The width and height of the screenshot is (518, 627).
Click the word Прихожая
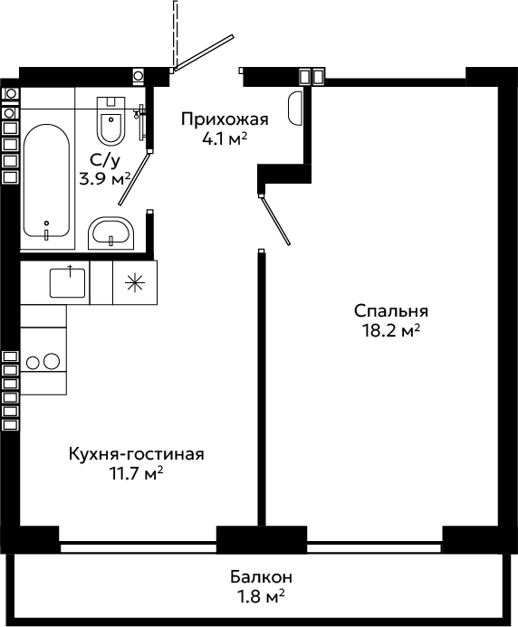(x=225, y=119)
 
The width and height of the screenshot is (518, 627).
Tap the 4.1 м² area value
(x=225, y=139)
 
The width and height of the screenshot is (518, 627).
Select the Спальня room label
(x=390, y=311)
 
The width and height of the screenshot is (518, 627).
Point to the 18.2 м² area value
(x=390, y=331)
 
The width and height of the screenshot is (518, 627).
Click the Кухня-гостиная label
(x=137, y=454)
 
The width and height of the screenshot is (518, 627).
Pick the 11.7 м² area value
(x=137, y=474)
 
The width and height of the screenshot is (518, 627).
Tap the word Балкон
(x=261, y=577)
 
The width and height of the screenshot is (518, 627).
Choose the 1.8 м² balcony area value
(x=261, y=596)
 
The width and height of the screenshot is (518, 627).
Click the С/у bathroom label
(x=105, y=161)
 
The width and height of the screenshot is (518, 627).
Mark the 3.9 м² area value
(x=105, y=179)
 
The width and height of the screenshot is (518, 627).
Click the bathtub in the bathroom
(x=47, y=180)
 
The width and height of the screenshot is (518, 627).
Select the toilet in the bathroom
(x=110, y=120)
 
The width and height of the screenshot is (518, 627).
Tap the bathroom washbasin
(x=111, y=233)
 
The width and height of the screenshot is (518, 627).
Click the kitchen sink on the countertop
(x=67, y=282)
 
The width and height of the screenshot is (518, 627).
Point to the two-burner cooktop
(x=43, y=362)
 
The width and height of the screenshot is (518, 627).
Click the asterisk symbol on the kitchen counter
(x=135, y=282)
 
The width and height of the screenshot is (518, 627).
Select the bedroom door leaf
(x=275, y=220)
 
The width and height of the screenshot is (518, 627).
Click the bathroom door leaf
(x=135, y=177)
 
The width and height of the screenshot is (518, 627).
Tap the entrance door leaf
(x=203, y=52)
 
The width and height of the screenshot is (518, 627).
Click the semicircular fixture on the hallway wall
(x=295, y=109)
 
